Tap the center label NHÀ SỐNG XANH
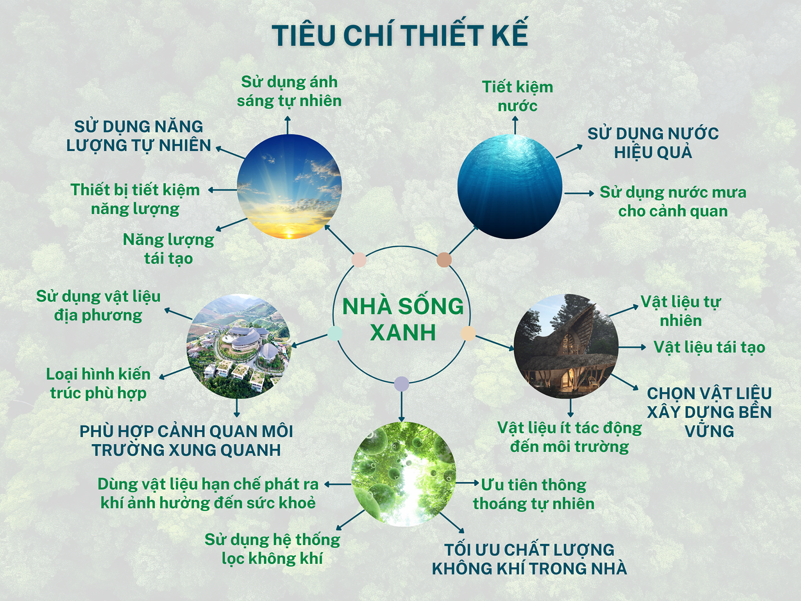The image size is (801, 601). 403,320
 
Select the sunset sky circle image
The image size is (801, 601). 289,186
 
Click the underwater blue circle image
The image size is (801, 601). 510,186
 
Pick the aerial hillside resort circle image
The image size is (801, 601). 239,346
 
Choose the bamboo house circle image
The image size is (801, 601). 566,346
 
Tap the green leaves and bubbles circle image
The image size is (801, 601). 403,474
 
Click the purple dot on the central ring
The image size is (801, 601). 402,384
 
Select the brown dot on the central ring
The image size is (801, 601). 444,260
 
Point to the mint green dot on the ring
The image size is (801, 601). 335,334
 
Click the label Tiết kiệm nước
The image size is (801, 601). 518,96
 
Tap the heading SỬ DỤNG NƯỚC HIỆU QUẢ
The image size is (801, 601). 653,143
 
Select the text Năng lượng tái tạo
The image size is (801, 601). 168,249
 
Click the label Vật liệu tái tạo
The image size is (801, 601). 709,347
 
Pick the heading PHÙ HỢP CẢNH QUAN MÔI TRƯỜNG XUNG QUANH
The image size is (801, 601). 186,441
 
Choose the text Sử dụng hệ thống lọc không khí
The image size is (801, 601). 272,549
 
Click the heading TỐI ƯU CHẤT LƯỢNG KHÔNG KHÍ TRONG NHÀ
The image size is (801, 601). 529,559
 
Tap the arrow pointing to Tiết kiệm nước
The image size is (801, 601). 515,125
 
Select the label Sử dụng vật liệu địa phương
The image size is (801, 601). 98,306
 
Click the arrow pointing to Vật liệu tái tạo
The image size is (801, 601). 632,347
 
